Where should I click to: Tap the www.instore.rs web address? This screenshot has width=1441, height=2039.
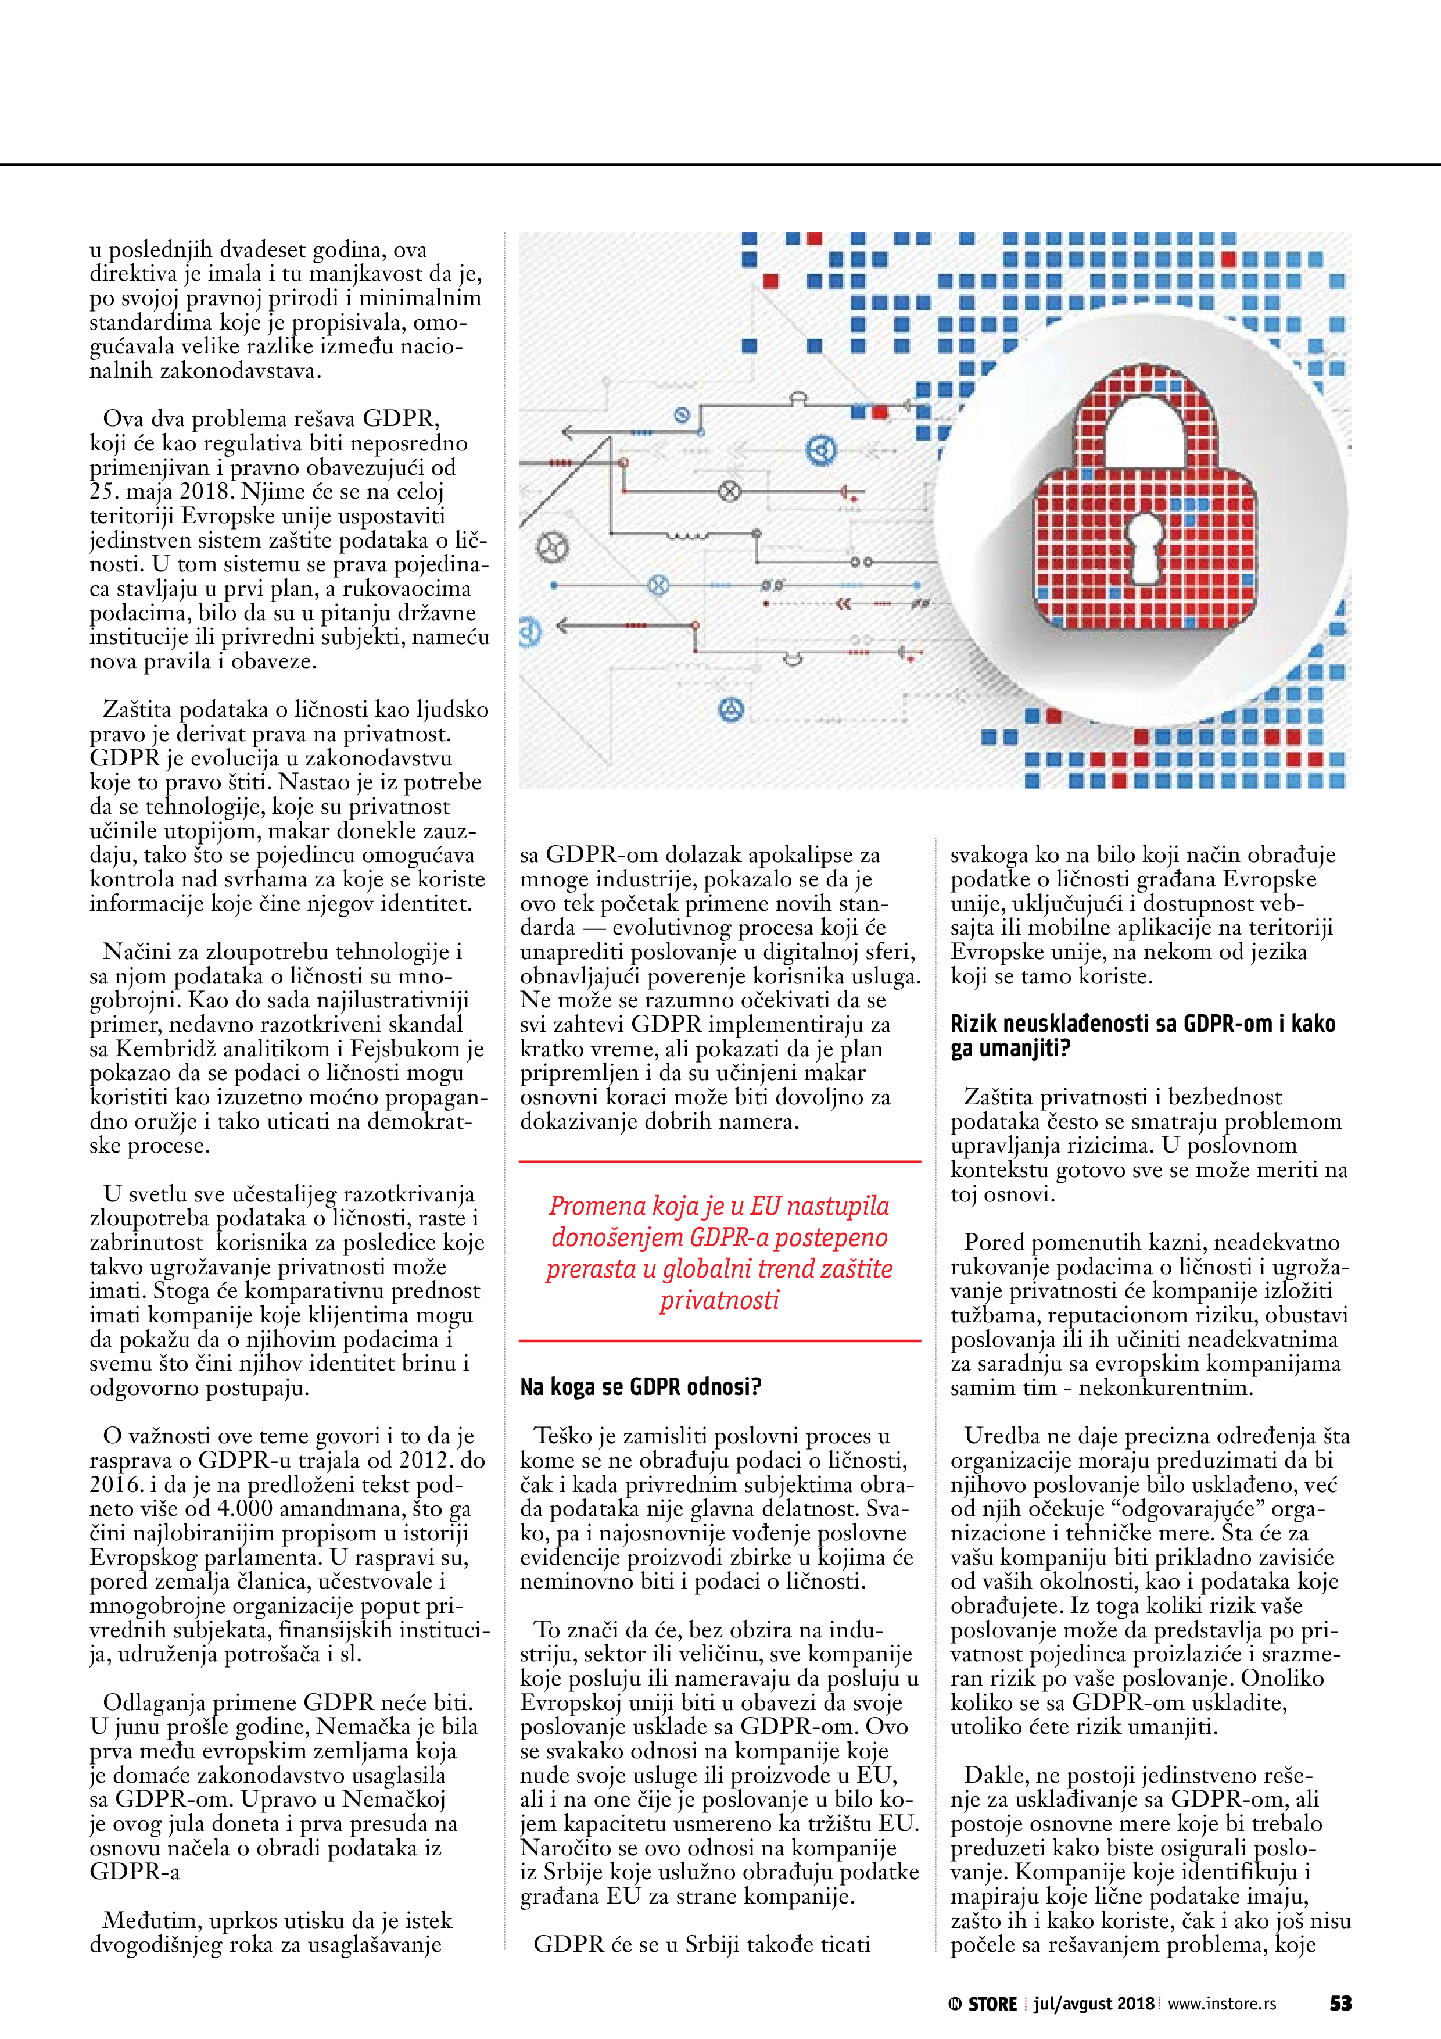pyautogui.click(x=1222, y=2004)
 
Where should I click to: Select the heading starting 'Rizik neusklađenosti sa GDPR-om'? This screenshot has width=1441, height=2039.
pyautogui.click(x=1143, y=1036)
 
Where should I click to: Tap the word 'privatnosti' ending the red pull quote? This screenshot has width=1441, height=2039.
pyautogui.click(x=719, y=1299)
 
